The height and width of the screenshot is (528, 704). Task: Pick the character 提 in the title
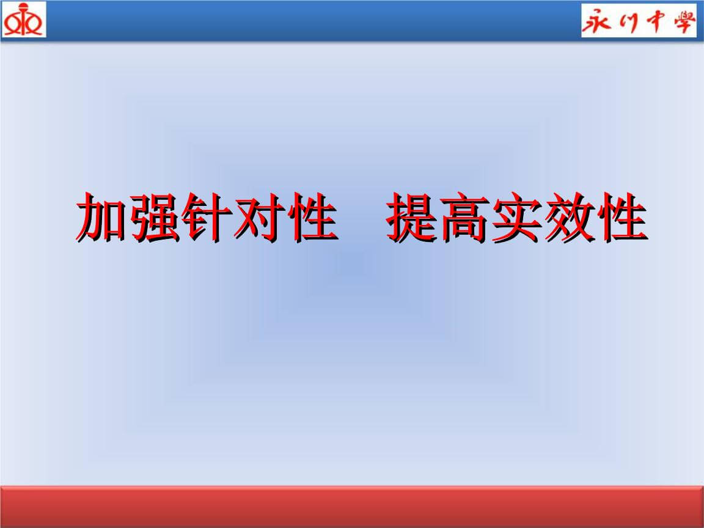(x=414, y=218)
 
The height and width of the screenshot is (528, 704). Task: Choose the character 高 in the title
(x=466, y=218)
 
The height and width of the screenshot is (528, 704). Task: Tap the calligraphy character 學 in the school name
(x=682, y=22)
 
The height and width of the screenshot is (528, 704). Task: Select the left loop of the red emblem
(x=12, y=25)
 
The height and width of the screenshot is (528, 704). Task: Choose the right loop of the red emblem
(x=34, y=25)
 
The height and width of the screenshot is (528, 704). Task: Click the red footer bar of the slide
(x=352, y=507)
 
